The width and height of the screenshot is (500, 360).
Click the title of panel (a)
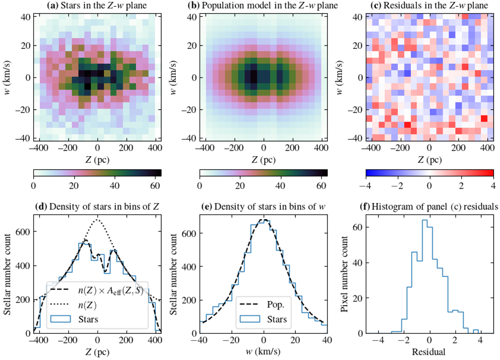[97, 5]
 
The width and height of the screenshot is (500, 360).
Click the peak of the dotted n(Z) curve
[97, 220]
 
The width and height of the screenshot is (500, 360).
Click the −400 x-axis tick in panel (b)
[206, 147]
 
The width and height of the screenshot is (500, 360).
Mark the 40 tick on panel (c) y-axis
[358, 17]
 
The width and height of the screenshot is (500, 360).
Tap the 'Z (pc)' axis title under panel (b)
[263, 159]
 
